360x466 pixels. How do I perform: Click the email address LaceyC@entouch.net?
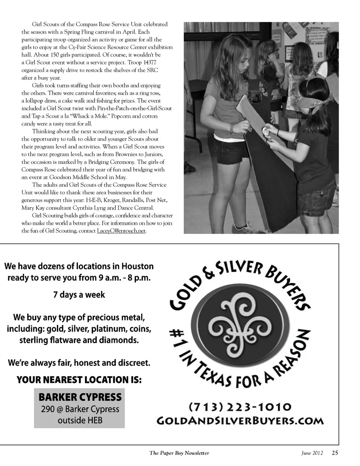[x=121, y=231]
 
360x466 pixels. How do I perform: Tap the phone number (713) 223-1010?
[x=240, y=407]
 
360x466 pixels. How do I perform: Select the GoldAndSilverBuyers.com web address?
[x=240, y=420]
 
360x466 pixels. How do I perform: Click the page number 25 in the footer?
[x=334, y=452]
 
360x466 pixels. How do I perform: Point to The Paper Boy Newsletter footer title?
[x=179, y=453]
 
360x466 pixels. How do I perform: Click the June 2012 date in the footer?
[x=312, y=453]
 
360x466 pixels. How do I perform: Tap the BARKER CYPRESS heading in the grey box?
[x=80, y=397]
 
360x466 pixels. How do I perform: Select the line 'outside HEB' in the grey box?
[x=80, y=420]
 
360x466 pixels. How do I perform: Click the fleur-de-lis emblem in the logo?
[x=240, y=325]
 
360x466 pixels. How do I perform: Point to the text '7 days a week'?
[x=79, y=295]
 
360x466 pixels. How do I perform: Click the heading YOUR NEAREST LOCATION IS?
[x=79, y=380]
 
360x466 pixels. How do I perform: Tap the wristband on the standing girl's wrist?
[x=233, y=128]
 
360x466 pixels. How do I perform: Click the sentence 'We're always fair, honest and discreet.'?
[x=79, y=363]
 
